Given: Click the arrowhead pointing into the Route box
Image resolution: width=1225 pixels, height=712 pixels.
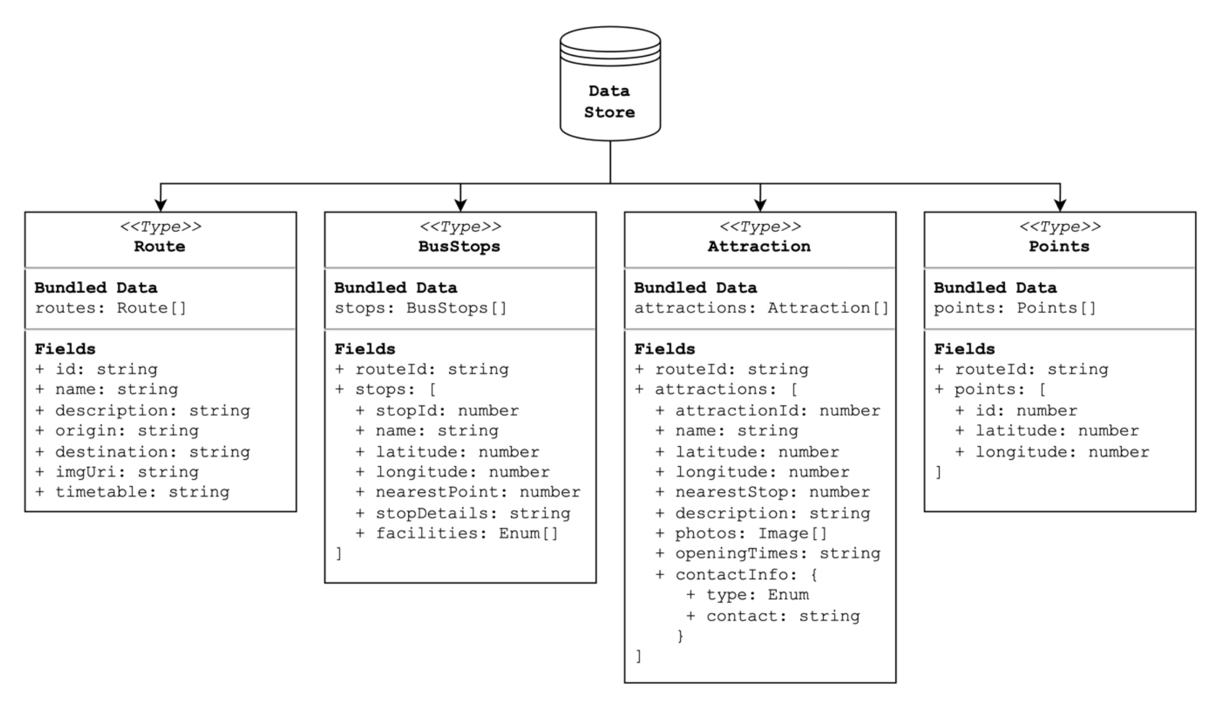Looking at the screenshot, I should click(x=161, y=205).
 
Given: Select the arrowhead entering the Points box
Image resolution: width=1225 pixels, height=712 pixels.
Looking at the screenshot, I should click(x=1059, y=205).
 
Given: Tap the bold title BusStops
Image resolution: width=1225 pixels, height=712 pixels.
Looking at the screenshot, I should click(x=460, y=246).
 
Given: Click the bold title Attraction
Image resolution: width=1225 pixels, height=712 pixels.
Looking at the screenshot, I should click(x=759, y=246).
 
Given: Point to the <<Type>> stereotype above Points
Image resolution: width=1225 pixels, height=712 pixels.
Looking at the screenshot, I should click(x=1060, y=227).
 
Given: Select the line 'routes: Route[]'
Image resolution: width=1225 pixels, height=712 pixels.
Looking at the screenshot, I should click(x=110, y=308).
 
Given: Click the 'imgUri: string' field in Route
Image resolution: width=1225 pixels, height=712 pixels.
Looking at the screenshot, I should click(x=126, y=472).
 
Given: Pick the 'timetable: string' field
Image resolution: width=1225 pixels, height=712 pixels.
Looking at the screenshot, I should click(x=142, y=492).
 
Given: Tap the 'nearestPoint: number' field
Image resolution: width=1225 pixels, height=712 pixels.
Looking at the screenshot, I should click(x=478, y=492).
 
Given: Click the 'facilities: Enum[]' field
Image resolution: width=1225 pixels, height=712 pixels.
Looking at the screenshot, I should click(x=467, y=533).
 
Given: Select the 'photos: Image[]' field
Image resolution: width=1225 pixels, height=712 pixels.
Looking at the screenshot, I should click(x=750, y=533).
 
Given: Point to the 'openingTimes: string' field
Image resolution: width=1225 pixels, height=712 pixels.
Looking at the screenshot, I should click(x=777, y=554).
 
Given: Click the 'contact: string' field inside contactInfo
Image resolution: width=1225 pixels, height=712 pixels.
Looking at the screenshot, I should click(x=783, y=616).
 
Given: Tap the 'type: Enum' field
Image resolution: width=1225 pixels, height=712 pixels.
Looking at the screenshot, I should click(x=757, y=595).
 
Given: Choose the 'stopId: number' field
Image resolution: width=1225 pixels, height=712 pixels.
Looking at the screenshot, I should click(x=446, y=411).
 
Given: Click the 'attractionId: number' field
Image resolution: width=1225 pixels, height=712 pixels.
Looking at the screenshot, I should click(x=777, y=411).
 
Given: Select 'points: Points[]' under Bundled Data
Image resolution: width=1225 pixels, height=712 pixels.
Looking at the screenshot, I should click(x=1015, y=308).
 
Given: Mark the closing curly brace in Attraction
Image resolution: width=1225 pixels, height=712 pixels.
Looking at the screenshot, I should click(x=680, y=636).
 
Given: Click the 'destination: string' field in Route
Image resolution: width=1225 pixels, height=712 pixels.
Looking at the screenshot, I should click(x=152, y=452).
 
